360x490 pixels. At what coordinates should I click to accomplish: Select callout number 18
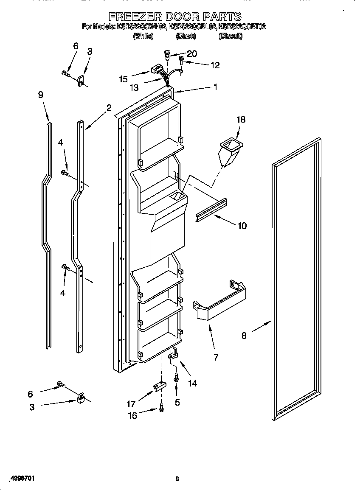[241, 120]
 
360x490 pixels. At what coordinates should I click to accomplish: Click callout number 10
[242, 226]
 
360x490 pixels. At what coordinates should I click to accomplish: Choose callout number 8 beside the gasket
[244, 336]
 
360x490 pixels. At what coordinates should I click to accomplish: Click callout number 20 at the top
[192, 53]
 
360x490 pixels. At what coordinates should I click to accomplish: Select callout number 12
[215, 65]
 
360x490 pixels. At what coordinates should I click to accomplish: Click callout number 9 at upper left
[41, 95]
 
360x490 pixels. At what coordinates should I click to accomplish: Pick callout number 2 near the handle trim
[109, 108]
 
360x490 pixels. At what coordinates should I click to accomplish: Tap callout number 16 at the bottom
[132, 416]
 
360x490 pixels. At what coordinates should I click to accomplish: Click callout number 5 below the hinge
[177, 402]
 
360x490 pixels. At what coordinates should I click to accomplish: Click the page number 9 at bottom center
[177, 479]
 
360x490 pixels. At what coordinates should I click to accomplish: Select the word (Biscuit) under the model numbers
[230, 36]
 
